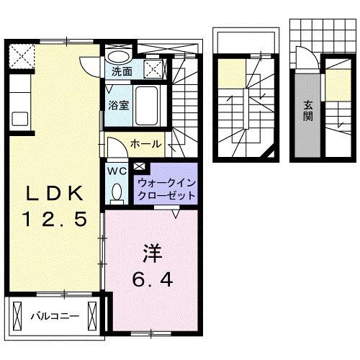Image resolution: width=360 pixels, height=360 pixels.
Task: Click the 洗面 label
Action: (122, 72)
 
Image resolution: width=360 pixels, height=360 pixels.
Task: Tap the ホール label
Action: (145, 145)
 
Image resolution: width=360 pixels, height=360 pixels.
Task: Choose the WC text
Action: (117, 171)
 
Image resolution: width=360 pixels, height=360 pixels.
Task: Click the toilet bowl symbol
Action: (117, 192)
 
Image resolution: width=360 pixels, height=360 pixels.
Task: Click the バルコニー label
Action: (54, 315)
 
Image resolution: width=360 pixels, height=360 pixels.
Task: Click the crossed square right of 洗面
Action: (153, 69)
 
